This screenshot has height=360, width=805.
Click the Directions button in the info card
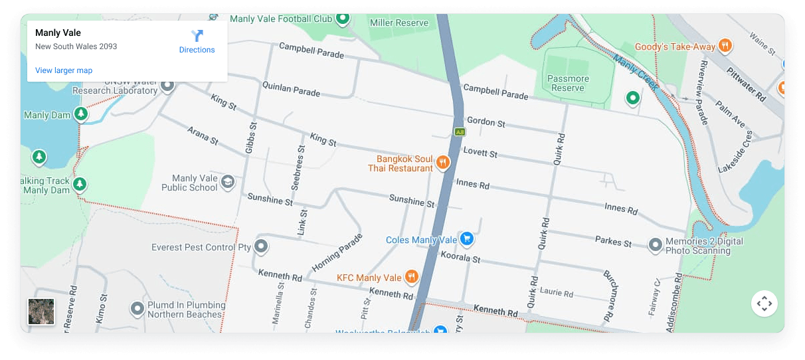pos(197,41)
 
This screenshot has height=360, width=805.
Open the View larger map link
pos(64,70)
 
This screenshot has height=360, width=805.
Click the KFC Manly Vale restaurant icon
pos(412,277)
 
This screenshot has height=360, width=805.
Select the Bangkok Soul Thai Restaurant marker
pos(442,162)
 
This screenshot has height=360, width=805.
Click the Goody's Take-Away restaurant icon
pos(725,46)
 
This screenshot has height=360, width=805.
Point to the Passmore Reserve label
pos(568,83)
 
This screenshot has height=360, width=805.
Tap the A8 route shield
pos(460,132)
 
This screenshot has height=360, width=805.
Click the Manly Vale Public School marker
pos(228,182)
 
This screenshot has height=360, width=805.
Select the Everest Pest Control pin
pos(261,246)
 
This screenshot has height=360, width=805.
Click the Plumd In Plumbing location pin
pos(137,308)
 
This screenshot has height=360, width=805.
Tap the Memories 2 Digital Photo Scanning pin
pos(656,245)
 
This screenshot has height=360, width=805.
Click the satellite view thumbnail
pos(41,312)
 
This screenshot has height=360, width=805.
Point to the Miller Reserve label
pos(399,23)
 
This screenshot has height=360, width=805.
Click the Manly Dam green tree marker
pos(80,114)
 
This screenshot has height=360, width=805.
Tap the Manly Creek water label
pos(636,72)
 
